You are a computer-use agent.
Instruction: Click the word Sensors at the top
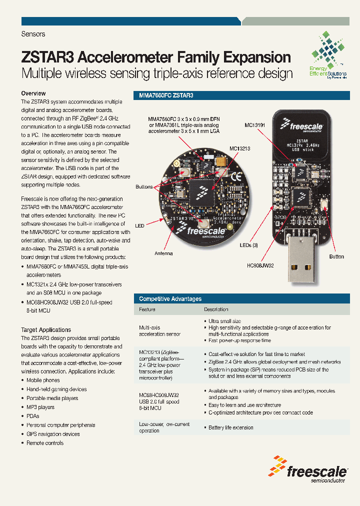(x=33, y=34)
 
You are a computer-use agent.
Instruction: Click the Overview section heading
(x=33, y=93)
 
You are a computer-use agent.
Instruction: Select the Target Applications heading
(x=46, y=330)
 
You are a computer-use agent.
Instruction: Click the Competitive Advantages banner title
(x=170, y=299)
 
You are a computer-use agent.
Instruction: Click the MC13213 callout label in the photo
(x=240, y=148)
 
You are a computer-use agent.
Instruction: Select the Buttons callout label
(x=144, y=187)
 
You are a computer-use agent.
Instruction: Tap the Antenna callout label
(x=163, y=253)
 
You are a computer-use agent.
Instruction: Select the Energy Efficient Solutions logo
(x=327, y=55)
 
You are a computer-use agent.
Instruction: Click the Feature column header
(x=147, y=309)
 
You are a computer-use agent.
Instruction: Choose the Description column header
(x=216, y=309)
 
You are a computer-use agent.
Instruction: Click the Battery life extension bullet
(x=230, y=427)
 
